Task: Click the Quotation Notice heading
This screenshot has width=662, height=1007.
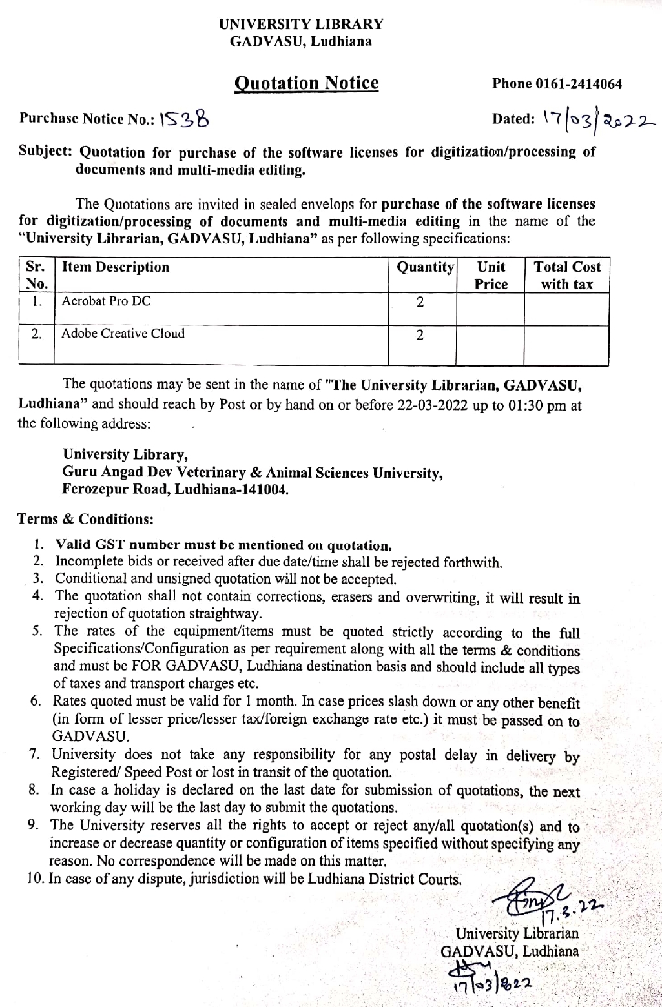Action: point(306,83)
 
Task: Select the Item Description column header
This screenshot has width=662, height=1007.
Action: point(116,267)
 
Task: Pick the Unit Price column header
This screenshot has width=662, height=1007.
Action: point(491,276)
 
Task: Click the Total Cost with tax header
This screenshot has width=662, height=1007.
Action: point(566,276)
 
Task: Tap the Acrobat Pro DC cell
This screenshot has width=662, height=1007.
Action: point(106,301)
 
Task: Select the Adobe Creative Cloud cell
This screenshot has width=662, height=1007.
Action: point(123,334)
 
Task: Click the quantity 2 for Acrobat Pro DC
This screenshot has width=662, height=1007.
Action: point(420,302)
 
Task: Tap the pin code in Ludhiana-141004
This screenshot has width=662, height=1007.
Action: point(264,489)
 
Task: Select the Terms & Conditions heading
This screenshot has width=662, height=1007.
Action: point(85,520)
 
